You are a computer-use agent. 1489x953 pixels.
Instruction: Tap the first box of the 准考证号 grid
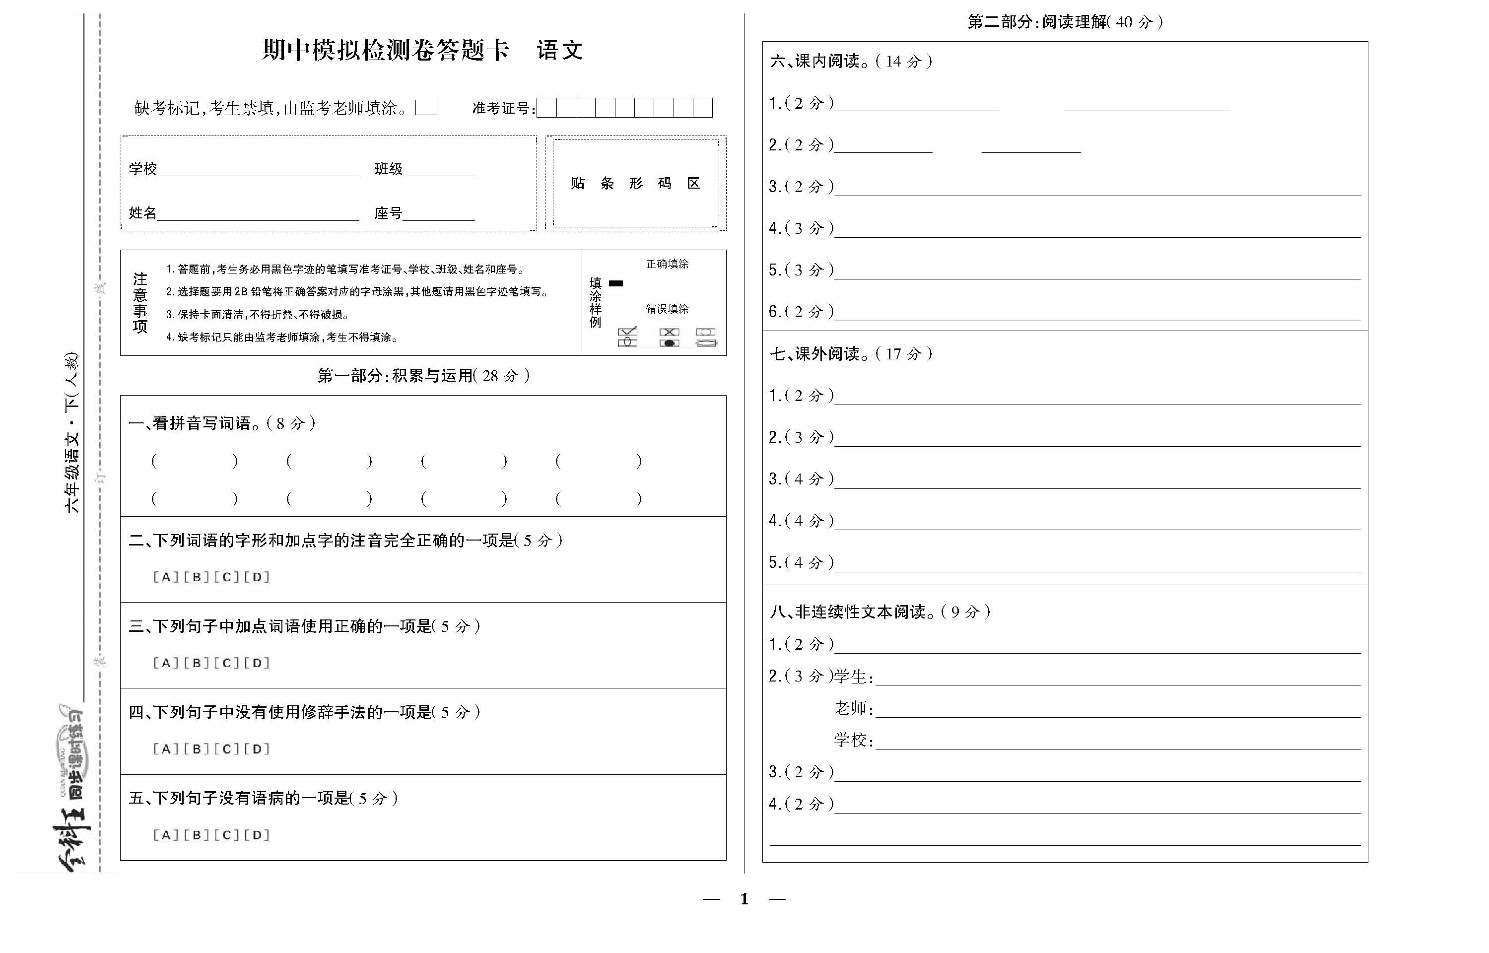(546, 108)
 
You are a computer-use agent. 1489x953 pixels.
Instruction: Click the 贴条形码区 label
(635, 183)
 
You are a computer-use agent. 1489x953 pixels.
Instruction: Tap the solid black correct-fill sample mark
(616, 283)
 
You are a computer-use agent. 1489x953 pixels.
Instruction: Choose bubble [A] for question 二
(166, 577)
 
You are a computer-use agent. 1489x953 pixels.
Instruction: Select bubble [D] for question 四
(257, 749)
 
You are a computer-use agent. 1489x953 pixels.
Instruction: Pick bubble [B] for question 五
(196, 835)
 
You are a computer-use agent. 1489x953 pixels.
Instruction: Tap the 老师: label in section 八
(854, 709)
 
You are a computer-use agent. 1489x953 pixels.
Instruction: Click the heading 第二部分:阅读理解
(1064, 22)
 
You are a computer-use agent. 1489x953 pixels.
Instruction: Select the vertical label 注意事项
(140, 303)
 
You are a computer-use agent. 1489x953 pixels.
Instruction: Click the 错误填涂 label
(667, 309)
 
